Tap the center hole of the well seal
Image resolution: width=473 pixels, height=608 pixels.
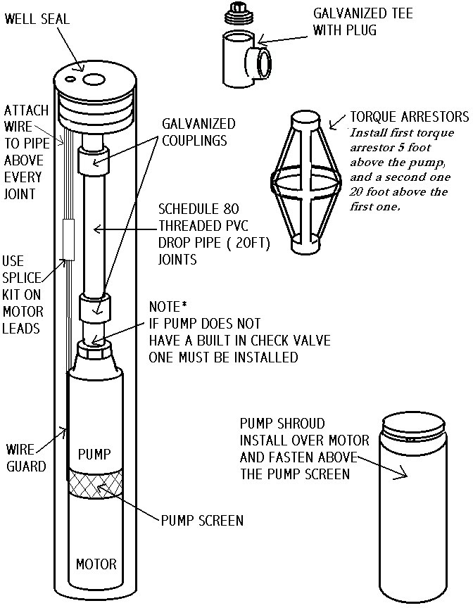coord(90,80)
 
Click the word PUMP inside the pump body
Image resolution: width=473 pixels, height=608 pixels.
coord(94,454)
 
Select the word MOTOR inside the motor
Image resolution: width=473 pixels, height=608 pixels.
coord(96,564)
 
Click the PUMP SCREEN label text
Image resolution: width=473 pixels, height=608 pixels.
coord(202,521)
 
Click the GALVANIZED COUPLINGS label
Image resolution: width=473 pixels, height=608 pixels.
coord(198,132)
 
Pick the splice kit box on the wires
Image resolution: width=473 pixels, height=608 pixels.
coord(70,239)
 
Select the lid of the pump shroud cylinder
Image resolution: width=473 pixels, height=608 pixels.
coord(412,422)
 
